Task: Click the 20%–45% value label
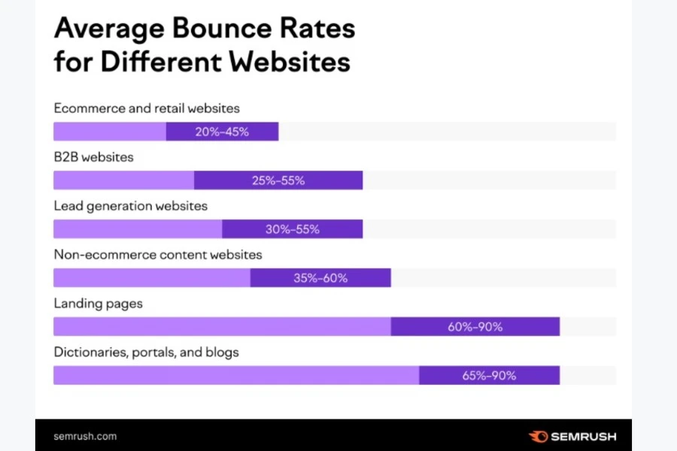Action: pyautogui.click(x=222, y=132)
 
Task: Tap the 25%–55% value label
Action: pyautogui.click(x=278, y=180)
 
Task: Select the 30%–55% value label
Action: pyautogui.click(x=293, y=229)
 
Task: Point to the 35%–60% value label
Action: pyautogui.click(x=320, y=278)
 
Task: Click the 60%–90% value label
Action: pyautogui.click(x=475, y=327)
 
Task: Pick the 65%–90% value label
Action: pyautogui.click(x=489, y=376)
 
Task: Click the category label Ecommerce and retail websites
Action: pyautogui.click(x=147, y=108)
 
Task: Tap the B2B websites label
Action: pyautogui.click(x=93, y=157)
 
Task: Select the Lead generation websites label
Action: pyautogui.click(x=130, y=205)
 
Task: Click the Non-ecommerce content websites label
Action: pyautogui.click(x=158, y=254)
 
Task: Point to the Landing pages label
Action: pyautogui.click(x=98, y=304)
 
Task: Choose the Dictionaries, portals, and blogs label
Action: pyautogui.click(x=146, y=352)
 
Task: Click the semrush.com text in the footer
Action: pyautogui.click(x=85, y=436)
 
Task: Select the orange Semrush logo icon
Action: pyautogui.click(x=539, y=436)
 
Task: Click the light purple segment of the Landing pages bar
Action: pyautogui.click(x=222, y=327)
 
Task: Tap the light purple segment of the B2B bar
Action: pyautogui.click(x=123, y=180)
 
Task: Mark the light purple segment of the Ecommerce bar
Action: pyautogui.click(x=109, y=132)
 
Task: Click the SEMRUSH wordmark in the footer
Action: pyautogui.click(x=584, y=436)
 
